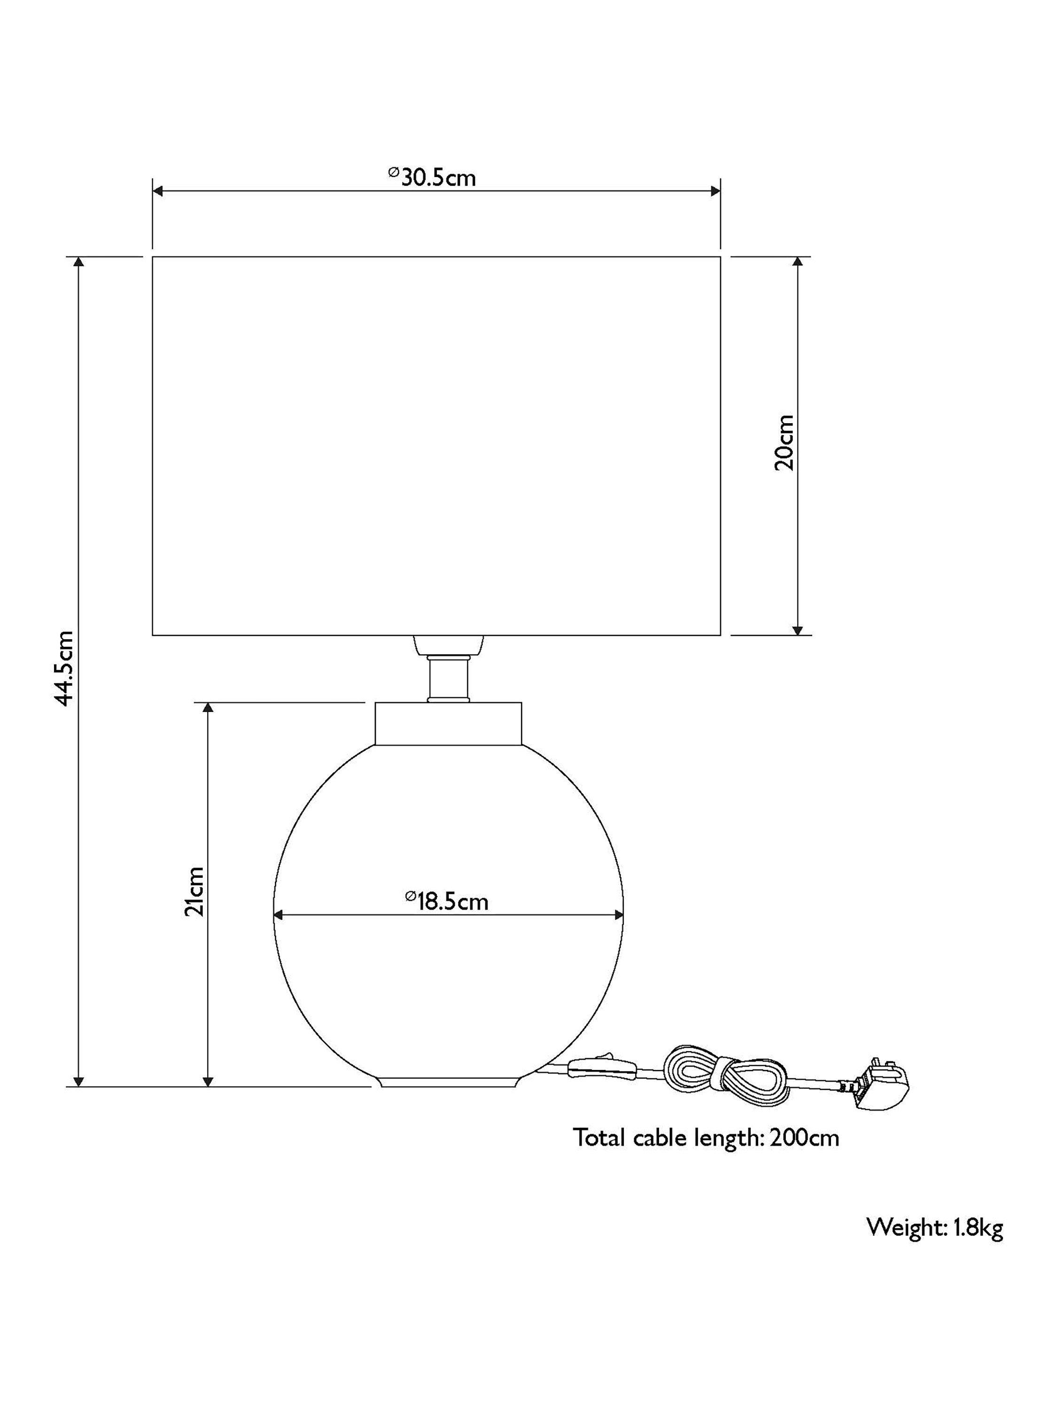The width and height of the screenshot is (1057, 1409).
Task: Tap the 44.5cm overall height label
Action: (66, 669)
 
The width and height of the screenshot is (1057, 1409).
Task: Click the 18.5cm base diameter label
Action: (447, 901)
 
